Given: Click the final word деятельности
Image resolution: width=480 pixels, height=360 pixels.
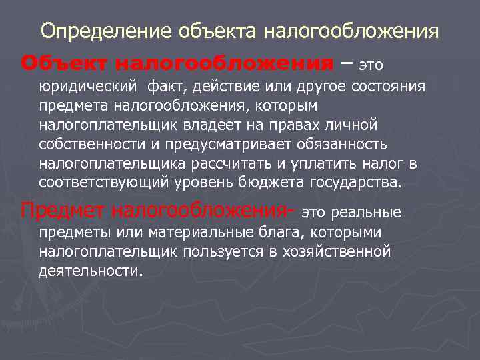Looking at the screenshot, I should pos(91,271).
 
